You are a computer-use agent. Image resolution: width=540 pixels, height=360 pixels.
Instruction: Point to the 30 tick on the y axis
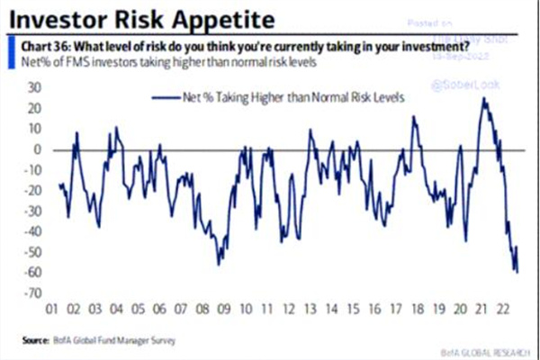point(35,88)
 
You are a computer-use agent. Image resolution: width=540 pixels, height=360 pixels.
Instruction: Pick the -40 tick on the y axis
point(33,232)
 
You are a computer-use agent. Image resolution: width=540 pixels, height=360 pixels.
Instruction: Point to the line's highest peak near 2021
point(484,98)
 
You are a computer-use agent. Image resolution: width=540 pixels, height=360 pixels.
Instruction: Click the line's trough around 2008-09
point(218,264)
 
